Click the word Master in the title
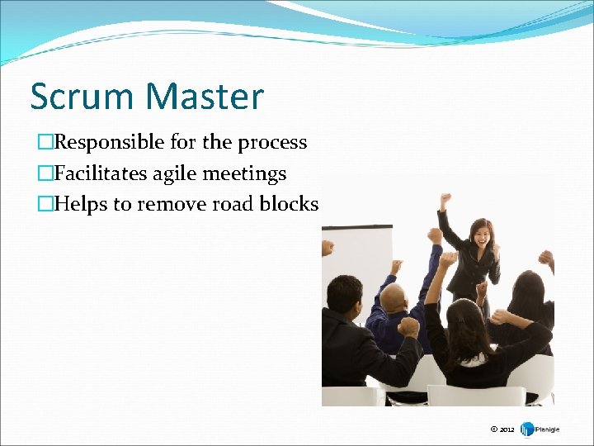click(206, 97)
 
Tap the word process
click(272, 142)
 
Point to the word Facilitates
click(100, 173)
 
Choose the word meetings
click(246, 173)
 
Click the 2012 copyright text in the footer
click(502, 429)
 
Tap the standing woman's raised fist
click(445, 200)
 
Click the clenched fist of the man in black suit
click(408, 326)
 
